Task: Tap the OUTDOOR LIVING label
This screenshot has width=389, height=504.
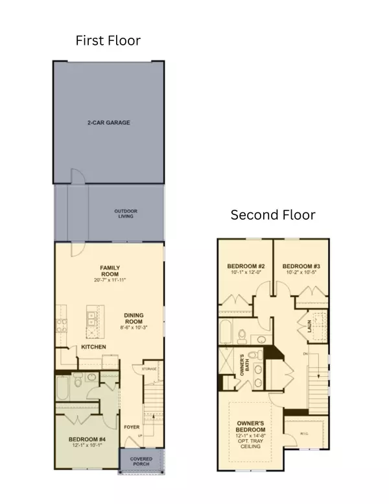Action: click(126, 213)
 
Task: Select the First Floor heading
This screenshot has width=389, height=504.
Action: click(108, 40)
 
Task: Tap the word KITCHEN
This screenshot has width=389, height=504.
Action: click(94, 347)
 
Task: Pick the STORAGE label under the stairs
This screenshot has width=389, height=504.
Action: click(150, 369)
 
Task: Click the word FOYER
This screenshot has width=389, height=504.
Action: click(132, 427)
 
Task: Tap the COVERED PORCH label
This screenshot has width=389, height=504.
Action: click(141, 462)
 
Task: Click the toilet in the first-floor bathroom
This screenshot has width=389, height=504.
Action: click(77, 379)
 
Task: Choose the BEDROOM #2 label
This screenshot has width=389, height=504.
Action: click(245, 266)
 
